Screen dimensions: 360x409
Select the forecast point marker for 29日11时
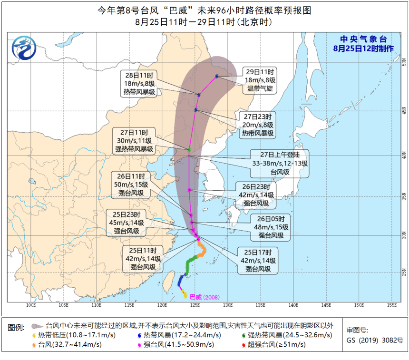(217, 76)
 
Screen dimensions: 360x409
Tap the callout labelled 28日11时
(139, 84)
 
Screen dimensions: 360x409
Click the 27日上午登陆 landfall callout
(280, 163)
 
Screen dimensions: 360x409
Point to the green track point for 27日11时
(189, 150)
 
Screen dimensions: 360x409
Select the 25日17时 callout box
(258, 261)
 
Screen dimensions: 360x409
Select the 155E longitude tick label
(392, 305)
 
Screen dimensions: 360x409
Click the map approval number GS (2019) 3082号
(374, 340)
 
